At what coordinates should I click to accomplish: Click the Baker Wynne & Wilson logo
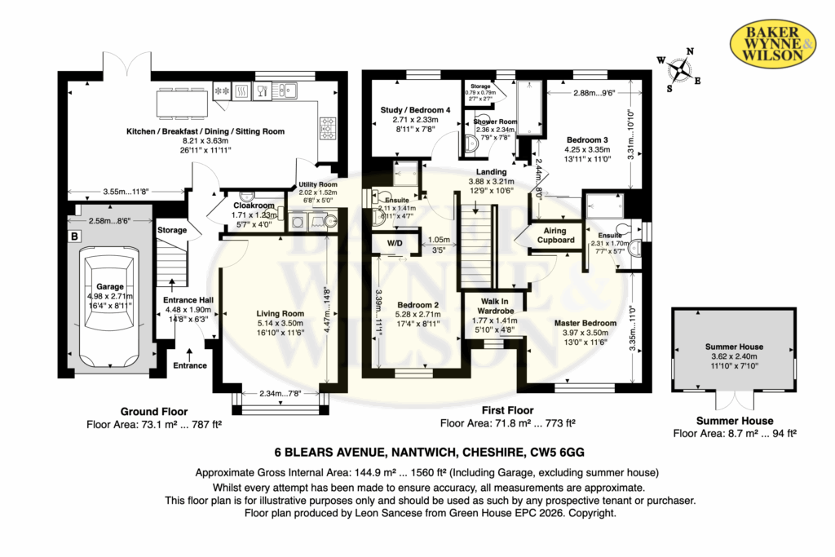coord(771,42)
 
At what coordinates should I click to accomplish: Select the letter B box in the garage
coord(75,237)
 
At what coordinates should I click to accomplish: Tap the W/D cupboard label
coord(392,242)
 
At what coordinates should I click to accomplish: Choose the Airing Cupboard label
coord(559,235)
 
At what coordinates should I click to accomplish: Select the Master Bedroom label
coord(585,323)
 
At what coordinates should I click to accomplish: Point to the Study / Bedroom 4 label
coord(415,109)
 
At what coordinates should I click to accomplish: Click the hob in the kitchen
coord(328,126)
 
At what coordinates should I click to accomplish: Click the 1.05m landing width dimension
coord(439,240)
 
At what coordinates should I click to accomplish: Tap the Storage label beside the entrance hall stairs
coord(172,230)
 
